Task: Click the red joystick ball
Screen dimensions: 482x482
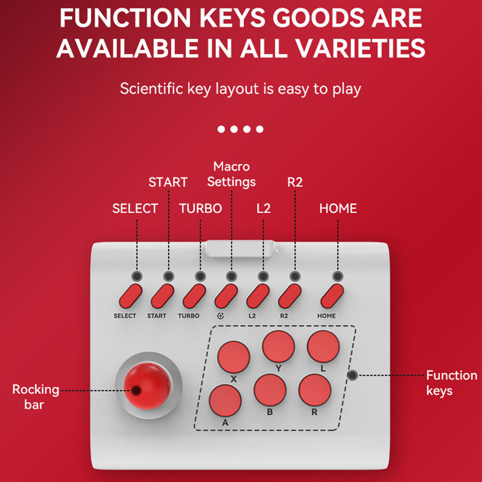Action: tap(147, 386)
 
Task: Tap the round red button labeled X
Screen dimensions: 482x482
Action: tap(233, 357)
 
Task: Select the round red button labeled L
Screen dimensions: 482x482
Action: tap(323, 346)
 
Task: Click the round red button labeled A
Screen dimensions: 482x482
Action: tap(225, 401)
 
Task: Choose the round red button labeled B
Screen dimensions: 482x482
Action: tap(270, 390)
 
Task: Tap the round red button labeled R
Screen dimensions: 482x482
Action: tap(315, 390)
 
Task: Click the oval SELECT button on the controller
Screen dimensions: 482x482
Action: tap(131, 296)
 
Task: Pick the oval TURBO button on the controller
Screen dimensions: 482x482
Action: tap(194, 296)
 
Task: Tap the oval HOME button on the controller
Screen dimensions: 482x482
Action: tap(332, 296)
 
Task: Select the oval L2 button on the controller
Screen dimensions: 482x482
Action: tap(258, 296)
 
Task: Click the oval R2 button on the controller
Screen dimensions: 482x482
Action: tap(290, 296)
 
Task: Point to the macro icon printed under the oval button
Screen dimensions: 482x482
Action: tap(220, 316)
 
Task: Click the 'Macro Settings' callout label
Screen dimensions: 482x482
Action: tap(231, 174)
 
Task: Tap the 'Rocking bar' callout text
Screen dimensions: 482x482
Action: tap(35, 397)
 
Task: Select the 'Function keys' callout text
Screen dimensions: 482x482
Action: tap(451, 383)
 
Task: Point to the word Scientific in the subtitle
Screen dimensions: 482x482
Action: tap(152, 88)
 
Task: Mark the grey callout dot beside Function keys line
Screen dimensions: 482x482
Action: tap(352, 375)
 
